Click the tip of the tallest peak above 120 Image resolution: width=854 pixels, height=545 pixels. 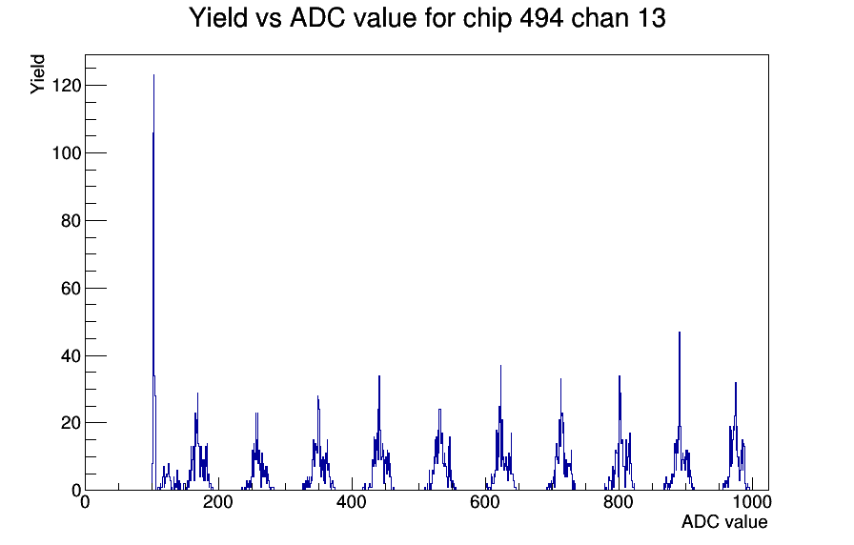click(x=153, y=75)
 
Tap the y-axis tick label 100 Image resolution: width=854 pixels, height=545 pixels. click(x=67, y=153)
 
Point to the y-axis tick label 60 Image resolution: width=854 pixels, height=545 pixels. click(x=71, y=289)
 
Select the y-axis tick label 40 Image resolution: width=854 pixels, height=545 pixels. click(x=71, y=356)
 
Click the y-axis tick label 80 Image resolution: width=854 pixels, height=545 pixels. click(x=71, y=221)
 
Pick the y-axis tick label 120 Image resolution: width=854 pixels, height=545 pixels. click(x=67, y=86)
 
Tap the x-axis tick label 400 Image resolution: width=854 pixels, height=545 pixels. click(x=352, y=502)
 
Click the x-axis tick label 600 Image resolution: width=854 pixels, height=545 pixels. click(x=485, y=502)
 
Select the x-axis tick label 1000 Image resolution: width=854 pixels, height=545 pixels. click(x=752, y=502)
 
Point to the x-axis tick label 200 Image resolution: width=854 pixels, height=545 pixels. click(x=218, y=502)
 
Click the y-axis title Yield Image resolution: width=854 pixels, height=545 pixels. click(x=37, y=74)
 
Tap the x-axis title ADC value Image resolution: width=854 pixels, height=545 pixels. click(x=724, y=522)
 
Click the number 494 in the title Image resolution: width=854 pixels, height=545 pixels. click(x=541, y=18)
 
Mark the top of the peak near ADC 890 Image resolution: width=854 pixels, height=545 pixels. click(x=680, y=333)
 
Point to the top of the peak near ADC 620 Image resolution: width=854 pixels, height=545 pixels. click(x=500, y=366)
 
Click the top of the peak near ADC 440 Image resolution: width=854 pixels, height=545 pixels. click(x=379, y=376)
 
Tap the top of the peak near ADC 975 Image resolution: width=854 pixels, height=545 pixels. click(x=735, y=383)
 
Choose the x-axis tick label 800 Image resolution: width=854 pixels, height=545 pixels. click(x=619, y=502)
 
